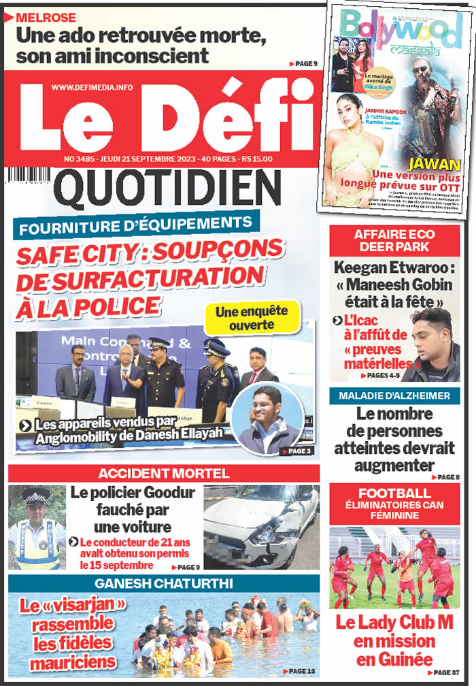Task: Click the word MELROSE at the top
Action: click(46, 17)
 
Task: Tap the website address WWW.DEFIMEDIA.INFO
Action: click(92, 87)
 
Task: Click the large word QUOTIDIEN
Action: click(167, 189)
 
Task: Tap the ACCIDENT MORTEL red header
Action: click(163, 474)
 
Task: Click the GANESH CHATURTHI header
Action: click(163, 584)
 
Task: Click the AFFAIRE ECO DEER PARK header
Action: click(394, 240)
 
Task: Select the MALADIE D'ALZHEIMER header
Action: click(394, 396)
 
